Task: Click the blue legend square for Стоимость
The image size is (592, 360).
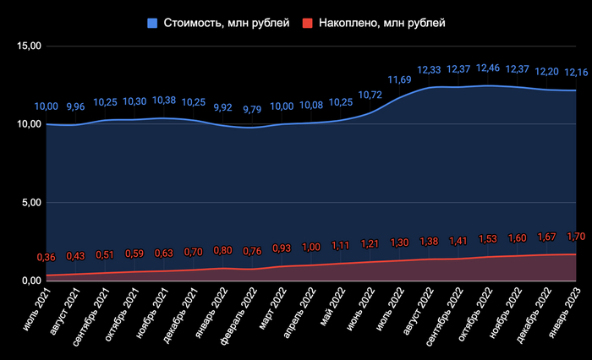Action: pos(152,24)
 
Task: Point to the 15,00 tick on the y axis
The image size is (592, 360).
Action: pos(29,46)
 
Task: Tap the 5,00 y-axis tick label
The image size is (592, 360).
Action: pos(29,203)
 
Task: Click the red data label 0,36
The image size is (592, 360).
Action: pos(46,257)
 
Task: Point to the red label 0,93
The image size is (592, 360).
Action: pos(282,248)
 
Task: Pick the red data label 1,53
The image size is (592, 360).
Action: pos(488,239)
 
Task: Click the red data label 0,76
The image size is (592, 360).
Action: pos(253,250)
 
